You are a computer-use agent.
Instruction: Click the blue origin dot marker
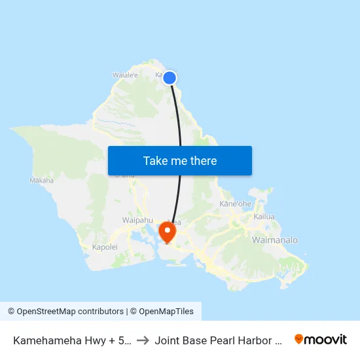pyautogui.click(x=169, y=78)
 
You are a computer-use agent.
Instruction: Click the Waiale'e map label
pyautogui.click(x=126, y=75)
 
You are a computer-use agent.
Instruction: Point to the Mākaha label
pyautogui.click(x=41, y=180)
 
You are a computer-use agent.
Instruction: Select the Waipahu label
pyautogui.click(x=137, y=221)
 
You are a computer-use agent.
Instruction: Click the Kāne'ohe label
pyautogui.click(x=236, y=204)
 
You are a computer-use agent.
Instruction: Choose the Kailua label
pyautogui.click(x=264, y=216)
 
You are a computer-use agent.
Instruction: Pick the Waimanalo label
pyautogui.click(x=274, y=240)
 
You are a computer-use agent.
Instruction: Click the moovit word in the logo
pyautogui.click(x=326, y=339)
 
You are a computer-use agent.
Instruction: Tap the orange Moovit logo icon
pyautogui.click(x=299, y=339)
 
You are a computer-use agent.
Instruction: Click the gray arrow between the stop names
pyautogui.click(x=143, y=340)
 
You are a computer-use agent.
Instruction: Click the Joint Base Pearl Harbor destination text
pyautogui.click(x=219, y=340)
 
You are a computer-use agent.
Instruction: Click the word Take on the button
pyautogui.click(x=156, y=161)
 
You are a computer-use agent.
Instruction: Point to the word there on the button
pyautogui.click(x=203, y=161)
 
